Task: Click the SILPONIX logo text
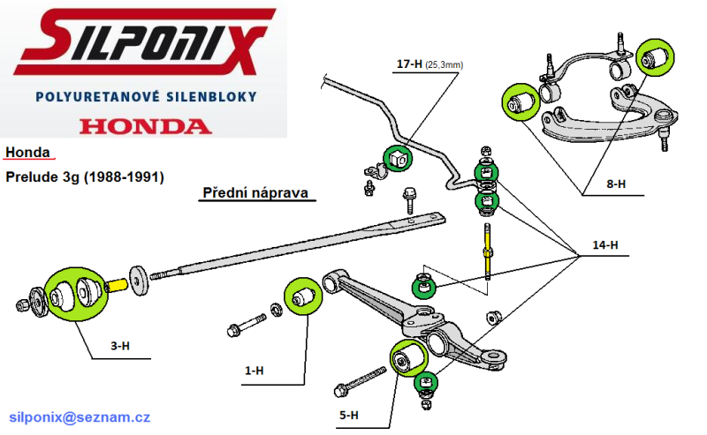[141, 41]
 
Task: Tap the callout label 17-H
[410, 64]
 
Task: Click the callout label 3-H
[121, 347]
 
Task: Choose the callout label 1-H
[254, 371]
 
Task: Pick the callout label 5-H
[348, 415]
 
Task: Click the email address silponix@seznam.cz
[80, 416]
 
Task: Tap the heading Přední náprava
[258, 192]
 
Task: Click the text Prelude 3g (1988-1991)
[85, 176]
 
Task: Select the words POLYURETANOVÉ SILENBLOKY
[145, 95]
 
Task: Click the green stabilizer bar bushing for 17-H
[396, 158]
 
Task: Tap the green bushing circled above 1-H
[301, 296]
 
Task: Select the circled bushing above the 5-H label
[408, 357]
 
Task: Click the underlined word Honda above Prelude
[27, 153]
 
